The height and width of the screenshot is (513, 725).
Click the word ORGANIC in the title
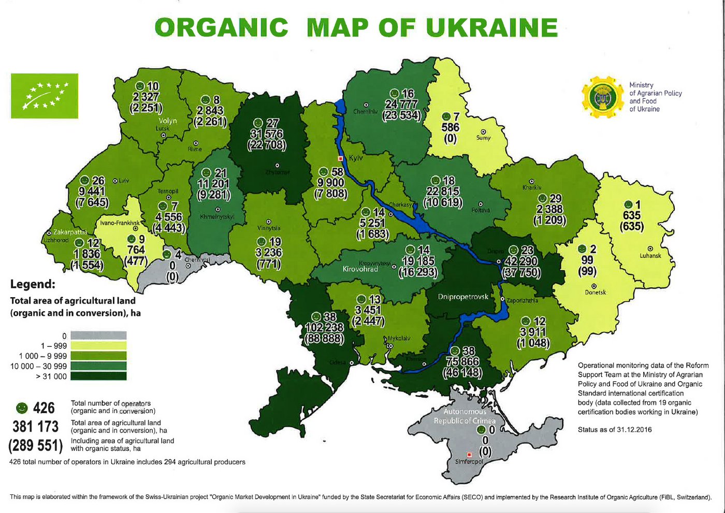tap(221, 27)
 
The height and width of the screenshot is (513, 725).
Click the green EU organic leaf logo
tap(45, 96)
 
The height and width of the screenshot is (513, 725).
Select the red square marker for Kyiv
tap(340, 158)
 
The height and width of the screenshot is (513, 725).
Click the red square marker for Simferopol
tap(469, 454)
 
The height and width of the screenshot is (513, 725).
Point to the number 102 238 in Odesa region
tap(327, 328)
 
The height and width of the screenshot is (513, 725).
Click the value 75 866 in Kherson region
tap(462, 362)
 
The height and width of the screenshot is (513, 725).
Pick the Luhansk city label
tap(650, 256)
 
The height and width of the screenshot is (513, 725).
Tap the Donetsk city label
tap(595, 292)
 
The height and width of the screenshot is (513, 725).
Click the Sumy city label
tap(483, 138)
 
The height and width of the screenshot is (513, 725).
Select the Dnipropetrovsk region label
tap(463, 297)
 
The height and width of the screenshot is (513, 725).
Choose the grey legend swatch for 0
tap(98, 335)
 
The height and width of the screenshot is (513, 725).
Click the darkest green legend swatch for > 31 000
tap(98, 376)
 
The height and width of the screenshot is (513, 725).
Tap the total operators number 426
tap(44, 408)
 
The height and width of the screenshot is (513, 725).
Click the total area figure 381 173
tap(36, 427)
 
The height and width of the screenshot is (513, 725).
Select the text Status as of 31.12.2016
tap(615, 430)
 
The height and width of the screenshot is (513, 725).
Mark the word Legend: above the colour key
tap(32, 284)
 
